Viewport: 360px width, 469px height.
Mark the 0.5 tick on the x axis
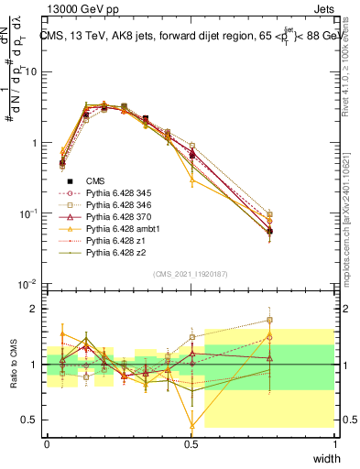[x=191, y=443]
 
